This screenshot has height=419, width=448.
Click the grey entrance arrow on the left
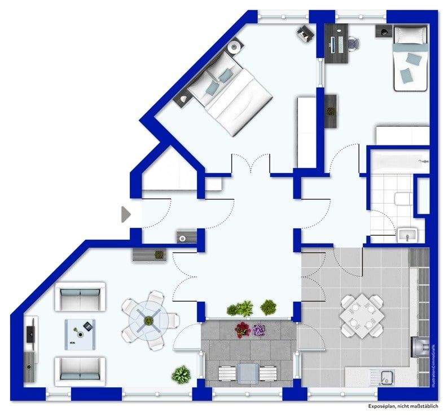point(126,214)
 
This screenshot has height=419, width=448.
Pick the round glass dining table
point(148,320)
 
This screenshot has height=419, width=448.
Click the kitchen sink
point(386,377)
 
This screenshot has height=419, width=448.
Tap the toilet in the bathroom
point(402,199)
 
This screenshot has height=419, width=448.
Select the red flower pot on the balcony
point(242,329)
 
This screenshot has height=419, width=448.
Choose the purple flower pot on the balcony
point(259,329)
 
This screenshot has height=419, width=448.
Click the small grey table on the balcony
point(248,372)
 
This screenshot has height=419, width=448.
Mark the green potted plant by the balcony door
point(181,373)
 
